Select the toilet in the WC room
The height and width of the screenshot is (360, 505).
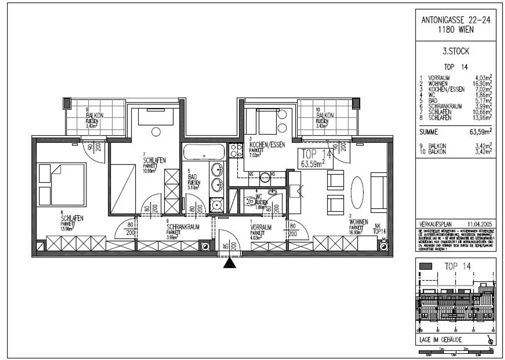(250, 201)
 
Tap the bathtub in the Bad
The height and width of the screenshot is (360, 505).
(204, 152)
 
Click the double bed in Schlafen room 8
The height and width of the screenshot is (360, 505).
(62, 184)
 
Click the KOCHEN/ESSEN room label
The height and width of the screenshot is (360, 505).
(267, 145)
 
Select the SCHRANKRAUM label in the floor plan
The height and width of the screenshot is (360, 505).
(183, 227)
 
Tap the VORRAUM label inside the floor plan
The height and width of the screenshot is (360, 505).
(261, 227)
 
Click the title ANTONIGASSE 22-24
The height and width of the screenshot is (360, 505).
(456, 20)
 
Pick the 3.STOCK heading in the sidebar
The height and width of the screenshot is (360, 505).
(456, 51)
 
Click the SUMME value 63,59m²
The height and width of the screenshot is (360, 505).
(480, 132)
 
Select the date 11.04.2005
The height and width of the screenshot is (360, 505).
(480, 224)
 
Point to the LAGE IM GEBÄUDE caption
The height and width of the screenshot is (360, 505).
(441, 340)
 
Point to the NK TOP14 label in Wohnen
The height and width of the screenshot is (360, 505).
(379, 229)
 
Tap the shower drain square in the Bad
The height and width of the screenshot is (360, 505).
(216, 205)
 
